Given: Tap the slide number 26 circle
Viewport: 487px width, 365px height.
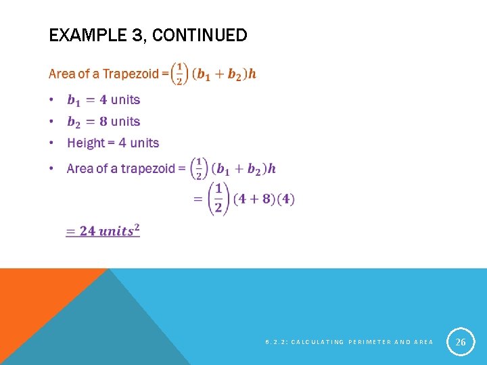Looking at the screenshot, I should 461,342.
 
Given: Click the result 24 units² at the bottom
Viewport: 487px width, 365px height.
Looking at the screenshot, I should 103,230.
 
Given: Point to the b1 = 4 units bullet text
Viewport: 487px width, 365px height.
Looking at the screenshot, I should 103,100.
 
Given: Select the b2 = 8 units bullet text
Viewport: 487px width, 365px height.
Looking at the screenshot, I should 103,122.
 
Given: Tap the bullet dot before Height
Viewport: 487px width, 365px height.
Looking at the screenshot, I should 51,143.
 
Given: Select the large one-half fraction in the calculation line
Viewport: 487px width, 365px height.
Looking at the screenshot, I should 218,198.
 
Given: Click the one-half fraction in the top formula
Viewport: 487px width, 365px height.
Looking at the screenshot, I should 179,73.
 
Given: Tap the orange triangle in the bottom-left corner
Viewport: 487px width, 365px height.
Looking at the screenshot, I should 34,297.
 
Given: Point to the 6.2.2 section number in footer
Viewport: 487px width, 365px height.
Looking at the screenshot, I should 274,342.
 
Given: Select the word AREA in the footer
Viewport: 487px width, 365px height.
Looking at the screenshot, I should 422,342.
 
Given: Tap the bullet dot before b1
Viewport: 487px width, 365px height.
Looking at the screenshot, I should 51,100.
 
